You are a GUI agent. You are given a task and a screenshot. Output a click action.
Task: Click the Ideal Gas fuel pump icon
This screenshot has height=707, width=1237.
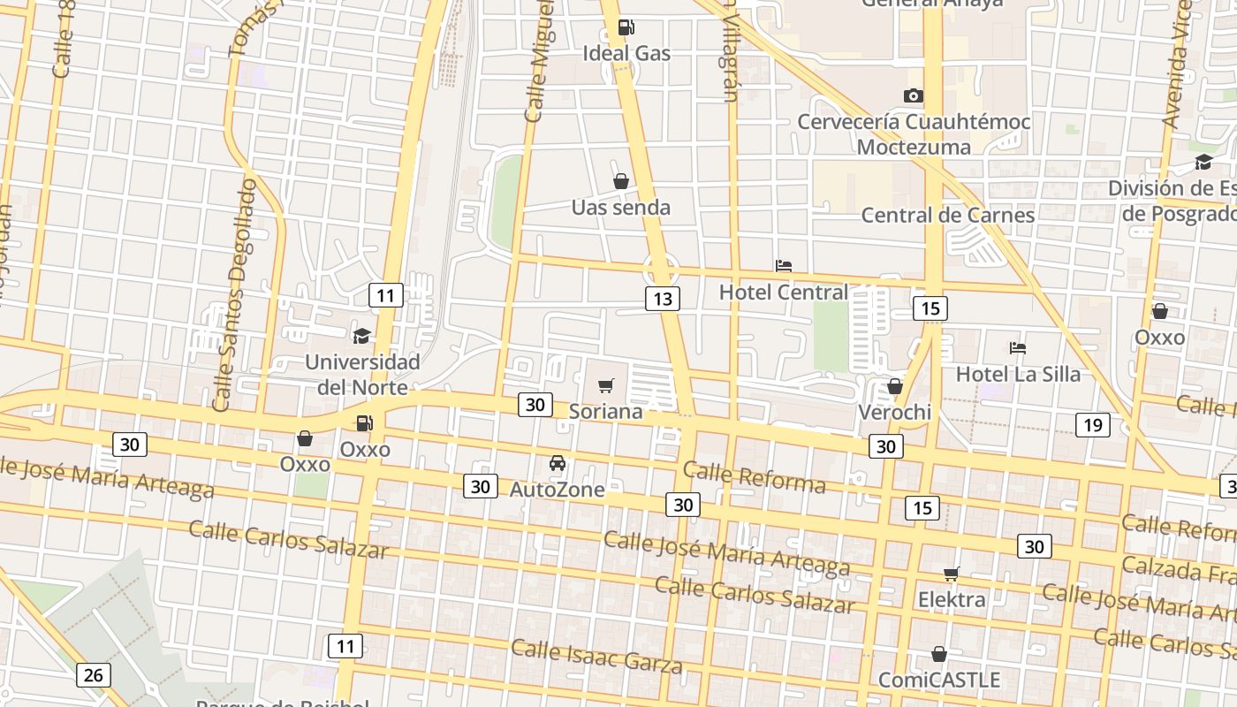(x=625, y=27)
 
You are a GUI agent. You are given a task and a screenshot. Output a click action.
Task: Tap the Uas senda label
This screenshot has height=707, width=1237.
(x=620, y=208)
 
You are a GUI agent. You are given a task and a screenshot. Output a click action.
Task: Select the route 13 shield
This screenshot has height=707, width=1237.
(x=662, y=299)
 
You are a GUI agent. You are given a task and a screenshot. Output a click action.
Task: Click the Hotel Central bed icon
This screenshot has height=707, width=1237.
(x=783, y=265)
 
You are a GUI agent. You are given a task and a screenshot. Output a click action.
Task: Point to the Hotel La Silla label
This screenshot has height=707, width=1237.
(x=1018, y=374)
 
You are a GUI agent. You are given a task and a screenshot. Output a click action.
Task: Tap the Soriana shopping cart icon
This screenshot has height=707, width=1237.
(x=605, y=385)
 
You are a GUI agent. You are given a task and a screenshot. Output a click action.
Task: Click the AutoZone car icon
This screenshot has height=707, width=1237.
(x=558, y=462)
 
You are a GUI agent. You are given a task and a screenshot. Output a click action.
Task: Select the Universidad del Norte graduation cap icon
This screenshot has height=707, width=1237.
(x=361, y=336)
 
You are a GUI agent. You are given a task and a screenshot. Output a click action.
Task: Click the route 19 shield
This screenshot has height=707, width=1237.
(x=1093, y=425)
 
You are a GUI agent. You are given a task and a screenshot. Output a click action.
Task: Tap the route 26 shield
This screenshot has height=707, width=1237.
(x=93, y=675)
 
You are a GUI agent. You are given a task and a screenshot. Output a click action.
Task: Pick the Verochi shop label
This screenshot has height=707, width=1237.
(x=895, y=412)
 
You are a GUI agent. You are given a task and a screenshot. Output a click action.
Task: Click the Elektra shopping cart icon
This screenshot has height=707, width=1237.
(x=951, y=574)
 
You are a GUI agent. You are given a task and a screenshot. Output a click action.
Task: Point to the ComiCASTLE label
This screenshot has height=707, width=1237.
(x=939, y=680)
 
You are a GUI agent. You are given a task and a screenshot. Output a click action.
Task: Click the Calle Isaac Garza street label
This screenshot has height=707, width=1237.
(x=596, y=656)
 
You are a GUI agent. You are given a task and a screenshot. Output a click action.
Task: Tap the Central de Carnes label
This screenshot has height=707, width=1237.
(x=947, y=215)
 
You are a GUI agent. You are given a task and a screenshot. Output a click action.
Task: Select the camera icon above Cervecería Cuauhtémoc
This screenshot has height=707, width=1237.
(x=913, y=95)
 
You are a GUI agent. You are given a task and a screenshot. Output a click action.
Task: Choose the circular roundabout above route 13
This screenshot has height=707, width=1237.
(x=660, y=269)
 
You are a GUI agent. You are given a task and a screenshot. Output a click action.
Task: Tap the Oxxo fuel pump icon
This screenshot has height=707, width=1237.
(x=363, y=423)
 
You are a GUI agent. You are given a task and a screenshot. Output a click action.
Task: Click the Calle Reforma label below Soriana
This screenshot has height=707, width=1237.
(x=754, y=477)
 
